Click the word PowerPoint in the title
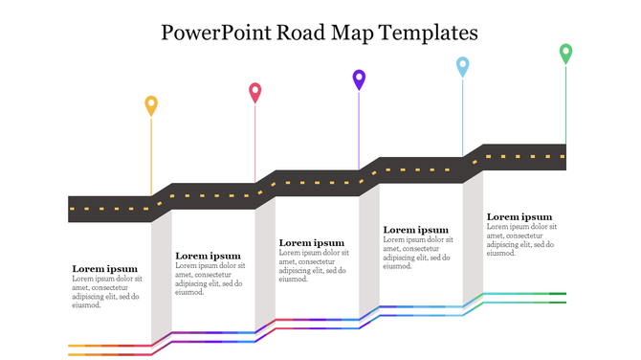(216, 32)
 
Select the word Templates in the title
(429, 32)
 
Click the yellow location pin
(151, 104)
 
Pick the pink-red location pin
(255, 92)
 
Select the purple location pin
(359, 79)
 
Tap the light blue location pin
(463, 65)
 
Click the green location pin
(565, 53)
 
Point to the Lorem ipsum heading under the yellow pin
(105, 269)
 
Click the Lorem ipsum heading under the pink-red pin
(209, 256)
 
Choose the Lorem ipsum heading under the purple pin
(312, 243)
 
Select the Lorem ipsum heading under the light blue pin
(416, 230)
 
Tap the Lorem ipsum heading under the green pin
(519, 217)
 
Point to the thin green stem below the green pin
(565, 105)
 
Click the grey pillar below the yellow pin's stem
(162, 278)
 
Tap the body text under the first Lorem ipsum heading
(107, 292)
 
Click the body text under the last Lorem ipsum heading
(521, 240)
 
